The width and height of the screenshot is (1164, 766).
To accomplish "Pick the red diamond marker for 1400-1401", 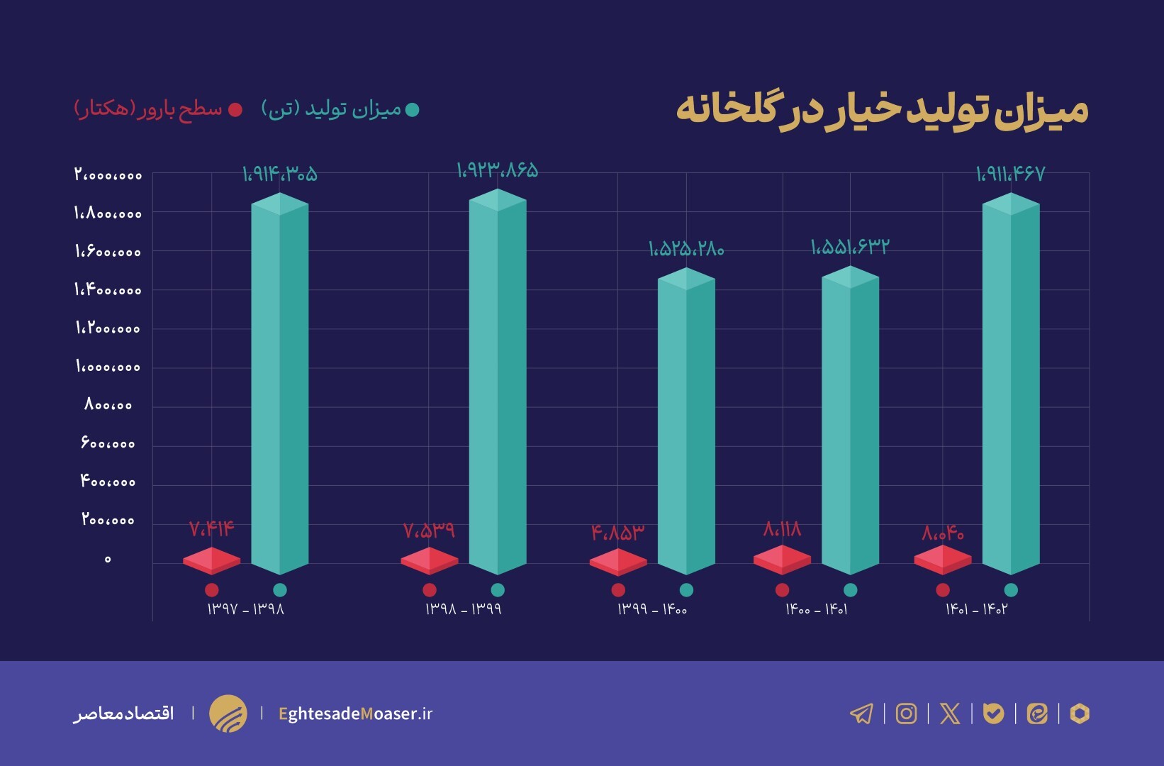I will coord(782,560).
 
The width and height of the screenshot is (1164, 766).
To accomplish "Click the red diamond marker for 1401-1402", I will coord(942,560).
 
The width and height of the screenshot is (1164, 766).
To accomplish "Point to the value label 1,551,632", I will coord(849,247).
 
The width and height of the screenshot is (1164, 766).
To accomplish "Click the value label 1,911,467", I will coord(1010,174).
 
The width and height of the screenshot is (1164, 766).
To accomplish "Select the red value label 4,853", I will coord(618,533).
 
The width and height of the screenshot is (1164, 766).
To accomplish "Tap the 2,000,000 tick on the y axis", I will coord(108,174).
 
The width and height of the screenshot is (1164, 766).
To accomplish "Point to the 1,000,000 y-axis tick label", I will coord(108,367).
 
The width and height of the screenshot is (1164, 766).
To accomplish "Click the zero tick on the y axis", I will coord(108,560).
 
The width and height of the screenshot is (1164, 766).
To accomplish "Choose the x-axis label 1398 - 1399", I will coord(463,609).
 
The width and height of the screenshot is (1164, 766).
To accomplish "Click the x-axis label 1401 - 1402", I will coord(976,609).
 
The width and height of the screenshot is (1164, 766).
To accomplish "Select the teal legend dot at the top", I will coord(412,110).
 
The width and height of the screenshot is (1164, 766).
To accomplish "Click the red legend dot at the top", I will coord(235,110).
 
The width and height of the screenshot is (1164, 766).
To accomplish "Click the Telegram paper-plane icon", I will coord(861,714).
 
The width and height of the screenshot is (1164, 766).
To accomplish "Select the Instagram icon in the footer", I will coord(906,714).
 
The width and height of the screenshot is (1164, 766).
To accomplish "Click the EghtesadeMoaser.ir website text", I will coord(355,714).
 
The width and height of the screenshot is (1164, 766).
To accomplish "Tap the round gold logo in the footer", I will coord(228,714).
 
